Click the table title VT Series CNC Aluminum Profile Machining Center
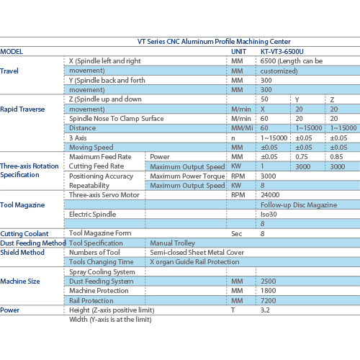click(214, 42)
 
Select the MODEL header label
click(12, 52)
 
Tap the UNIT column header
click(238, 52)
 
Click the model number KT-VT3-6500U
click(282, 52)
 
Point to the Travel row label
click(9, 71)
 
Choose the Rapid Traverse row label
click(22, 109)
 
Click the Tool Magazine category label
click(22, 204)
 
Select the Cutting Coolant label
click(24, 233)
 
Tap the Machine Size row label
click(20, 281)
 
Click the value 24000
click(270, 194)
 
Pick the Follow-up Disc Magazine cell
click(299, 204)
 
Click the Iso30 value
click(269, 214)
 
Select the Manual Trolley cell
click(172, 243)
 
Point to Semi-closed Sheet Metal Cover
click(197, 252)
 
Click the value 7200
click(269, 300)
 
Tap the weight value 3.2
click(265, 310)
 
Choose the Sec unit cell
click(236, 233)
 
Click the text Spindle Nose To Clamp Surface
click(117, 119)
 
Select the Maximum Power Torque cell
click(187, 176)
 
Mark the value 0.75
click(302, 157)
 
